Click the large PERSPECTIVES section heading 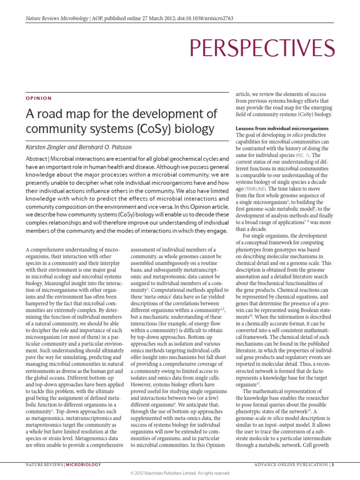click(x=262, y=48)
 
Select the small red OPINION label click(x=38, y=98)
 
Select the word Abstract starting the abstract click(x=37, y=160)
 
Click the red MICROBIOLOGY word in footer click(x=83, y=465)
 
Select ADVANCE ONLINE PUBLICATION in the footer click(x=291, y=465)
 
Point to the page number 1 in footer click(x=333, y=465)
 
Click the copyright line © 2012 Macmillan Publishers click(x=180, y=473)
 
